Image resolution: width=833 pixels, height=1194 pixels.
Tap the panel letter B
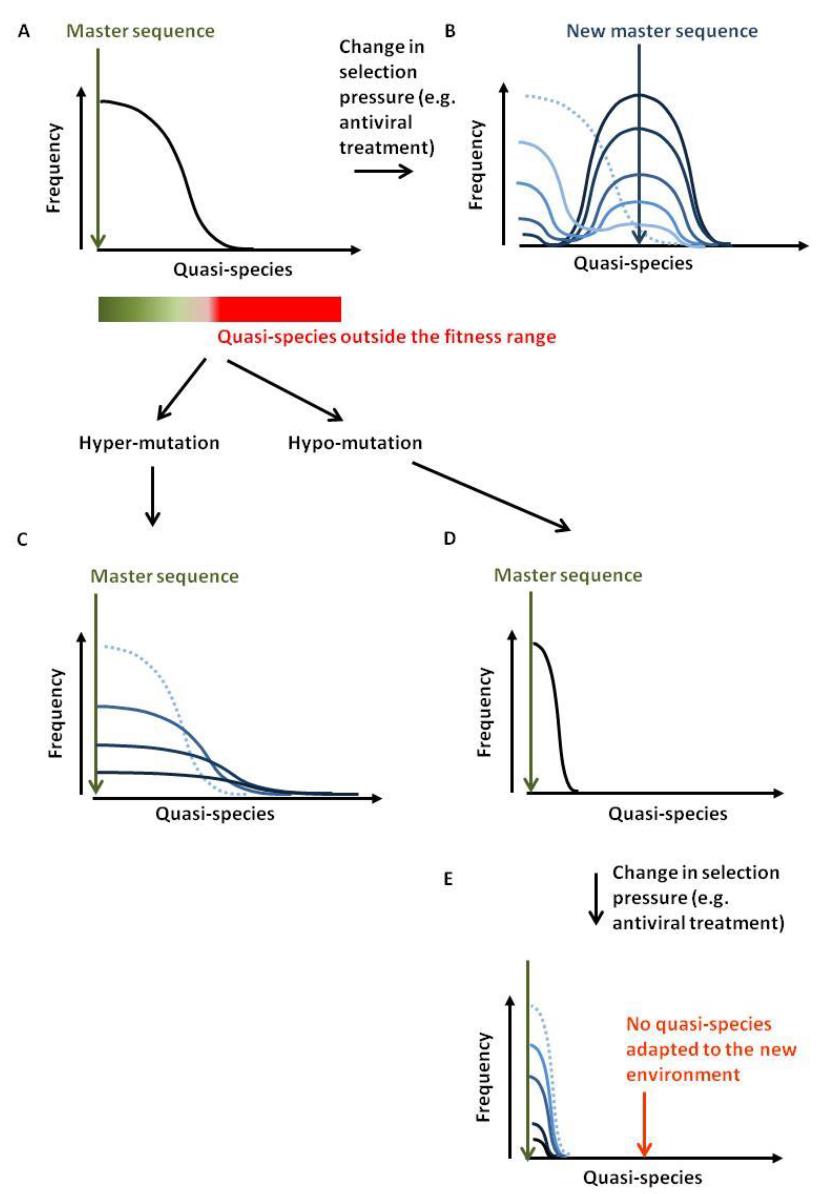(x=450, y=31)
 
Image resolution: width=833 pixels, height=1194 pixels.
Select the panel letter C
(x=22, y=539)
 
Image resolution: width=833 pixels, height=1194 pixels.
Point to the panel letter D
(x=449, y=538)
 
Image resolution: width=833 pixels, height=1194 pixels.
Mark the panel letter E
(x=448, y=879)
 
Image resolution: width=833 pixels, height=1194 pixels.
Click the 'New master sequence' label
(x=661, y=31)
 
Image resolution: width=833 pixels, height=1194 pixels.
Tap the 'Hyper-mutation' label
(x=149, y=443)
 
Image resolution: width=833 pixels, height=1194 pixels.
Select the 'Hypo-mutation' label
(x=355, y=443)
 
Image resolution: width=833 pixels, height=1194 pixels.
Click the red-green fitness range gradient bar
(x=220, y=309)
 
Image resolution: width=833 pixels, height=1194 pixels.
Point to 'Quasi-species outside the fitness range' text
(x=386, y=337)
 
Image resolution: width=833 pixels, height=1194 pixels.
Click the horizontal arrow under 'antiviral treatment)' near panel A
(x=383, y=171)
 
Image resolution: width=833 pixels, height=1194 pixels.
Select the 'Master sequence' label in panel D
(x=568, y=576)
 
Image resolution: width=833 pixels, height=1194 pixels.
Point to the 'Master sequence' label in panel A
(x=140, y=31)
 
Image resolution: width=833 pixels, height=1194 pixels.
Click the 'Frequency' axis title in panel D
(x=484, y=712)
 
